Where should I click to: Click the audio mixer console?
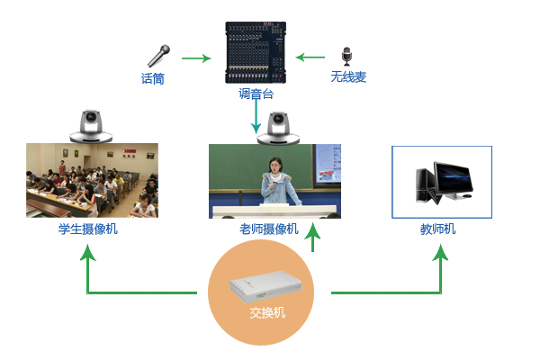[256, 53]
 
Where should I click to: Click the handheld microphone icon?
[158, 56]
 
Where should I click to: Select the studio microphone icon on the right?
[347, 57]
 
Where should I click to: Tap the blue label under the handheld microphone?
[152, 79]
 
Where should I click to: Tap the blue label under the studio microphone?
[347, 77]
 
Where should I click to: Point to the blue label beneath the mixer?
[256, 93]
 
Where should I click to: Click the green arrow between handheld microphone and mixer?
[196, 58]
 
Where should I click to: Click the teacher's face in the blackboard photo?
[276, 167]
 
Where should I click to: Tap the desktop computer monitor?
[453, 180]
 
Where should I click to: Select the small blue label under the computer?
[438, 229]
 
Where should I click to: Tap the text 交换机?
[267, 314]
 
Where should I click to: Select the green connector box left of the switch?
[101, 273]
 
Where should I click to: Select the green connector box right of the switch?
[427, 273]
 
